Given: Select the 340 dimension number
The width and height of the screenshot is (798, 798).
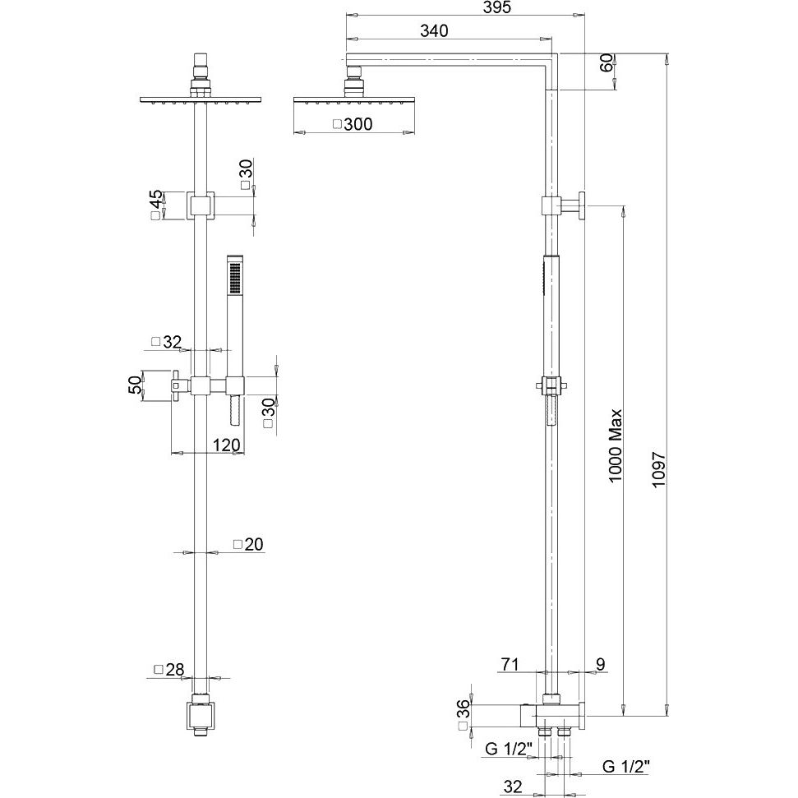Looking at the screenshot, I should point(433,31).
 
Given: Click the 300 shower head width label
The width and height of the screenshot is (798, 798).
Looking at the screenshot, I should point(358,125).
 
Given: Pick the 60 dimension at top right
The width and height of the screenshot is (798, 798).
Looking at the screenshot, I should point(607,62).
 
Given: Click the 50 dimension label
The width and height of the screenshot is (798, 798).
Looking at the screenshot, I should point(134,384).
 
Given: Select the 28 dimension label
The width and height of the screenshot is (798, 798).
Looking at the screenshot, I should point(174,670).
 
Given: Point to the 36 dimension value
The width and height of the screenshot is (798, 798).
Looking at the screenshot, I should point(463,708).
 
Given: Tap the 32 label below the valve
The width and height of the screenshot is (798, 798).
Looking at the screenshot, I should point(513,786).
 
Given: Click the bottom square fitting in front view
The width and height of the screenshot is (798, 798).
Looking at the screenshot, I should point(201,716).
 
